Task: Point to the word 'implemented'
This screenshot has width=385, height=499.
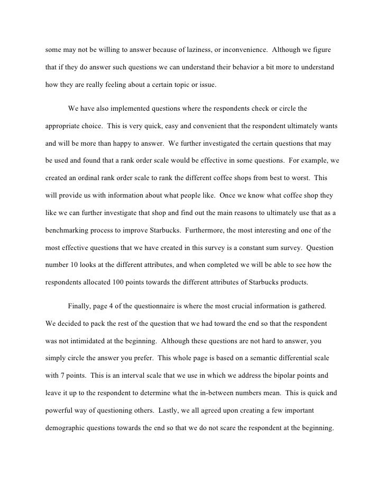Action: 132,109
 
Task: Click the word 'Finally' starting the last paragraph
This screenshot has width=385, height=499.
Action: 80,306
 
